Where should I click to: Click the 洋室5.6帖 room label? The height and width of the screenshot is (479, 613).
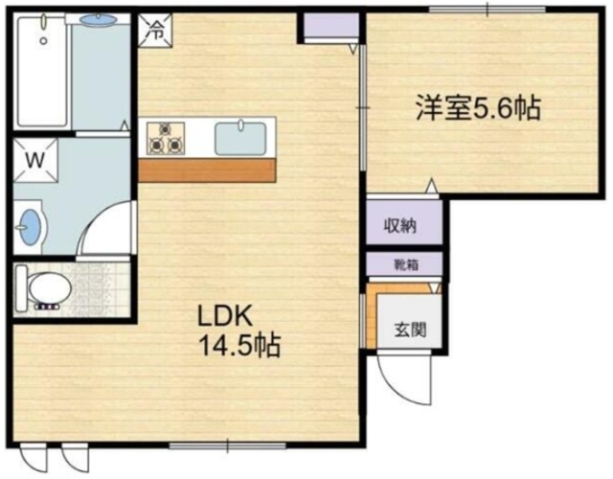pos(477,107)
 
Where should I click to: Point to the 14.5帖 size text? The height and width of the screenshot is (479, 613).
pos(239,345)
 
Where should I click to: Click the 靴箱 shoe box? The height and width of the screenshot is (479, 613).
pos(403,264)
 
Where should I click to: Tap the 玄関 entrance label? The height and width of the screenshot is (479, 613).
pos(410,329)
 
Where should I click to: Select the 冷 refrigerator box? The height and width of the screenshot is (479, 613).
pos(154,29)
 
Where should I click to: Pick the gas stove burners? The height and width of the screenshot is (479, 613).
pos(165,137)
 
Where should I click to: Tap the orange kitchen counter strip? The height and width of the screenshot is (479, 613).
pos(206,170)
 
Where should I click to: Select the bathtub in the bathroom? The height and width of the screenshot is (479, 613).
pos(43,72)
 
